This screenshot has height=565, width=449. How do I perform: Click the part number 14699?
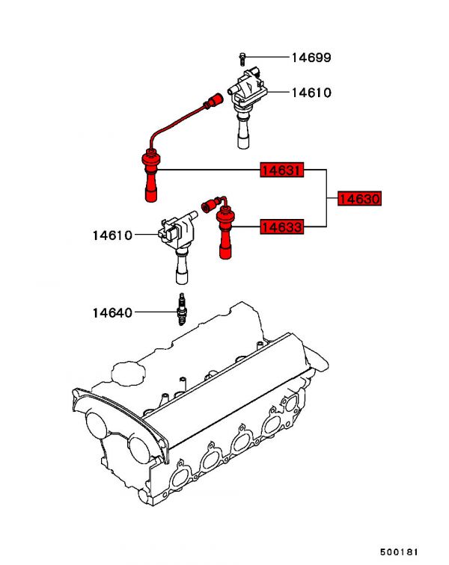tap(311, 58)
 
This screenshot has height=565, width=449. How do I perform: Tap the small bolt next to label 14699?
tap(242, 58)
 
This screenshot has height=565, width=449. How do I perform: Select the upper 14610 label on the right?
tap(311, 93)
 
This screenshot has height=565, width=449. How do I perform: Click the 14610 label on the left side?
tap(112, 235)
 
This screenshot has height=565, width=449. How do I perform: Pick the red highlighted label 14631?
tap(282, 170)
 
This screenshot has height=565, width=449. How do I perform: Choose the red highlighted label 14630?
tap(359, 199)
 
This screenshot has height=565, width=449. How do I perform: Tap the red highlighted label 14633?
tap(282, 227)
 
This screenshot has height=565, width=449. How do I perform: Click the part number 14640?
tap(112, 312)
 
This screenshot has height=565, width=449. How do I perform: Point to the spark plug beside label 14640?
tap(183, 309)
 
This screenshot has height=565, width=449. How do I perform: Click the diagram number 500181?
tap(399, 552)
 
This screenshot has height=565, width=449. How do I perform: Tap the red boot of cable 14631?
tap(151, 176)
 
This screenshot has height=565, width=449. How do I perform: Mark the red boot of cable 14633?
tap(225, 233)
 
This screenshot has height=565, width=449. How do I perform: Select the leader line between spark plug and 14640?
tap(156, 312)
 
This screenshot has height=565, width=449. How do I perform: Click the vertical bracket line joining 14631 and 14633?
tap(326, 198)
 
